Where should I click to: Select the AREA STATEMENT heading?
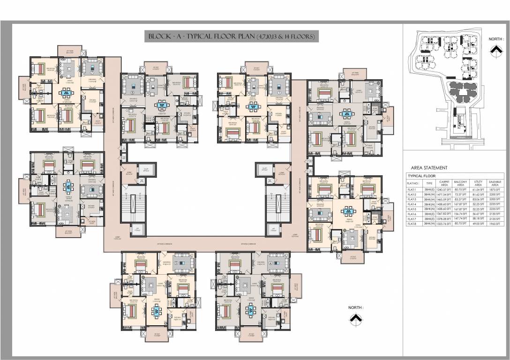[x=429, y=167]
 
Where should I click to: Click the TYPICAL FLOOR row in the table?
[x=424, y=176]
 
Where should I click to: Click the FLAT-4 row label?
[x=413, y=204]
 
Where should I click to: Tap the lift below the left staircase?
[x=137, y=229]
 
